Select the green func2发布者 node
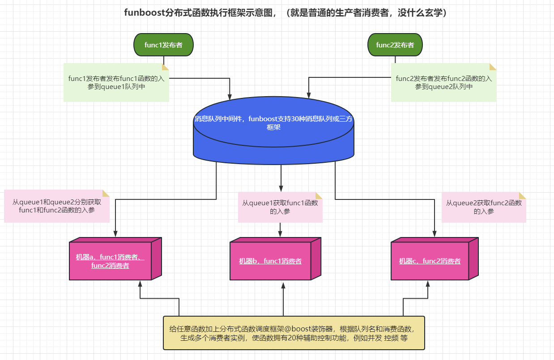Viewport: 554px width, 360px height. pos(395,45)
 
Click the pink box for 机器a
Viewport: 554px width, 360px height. pos(111,261)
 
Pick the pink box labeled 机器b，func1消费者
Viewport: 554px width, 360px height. pos(270,261)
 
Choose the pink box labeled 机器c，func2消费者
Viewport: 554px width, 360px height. pos(430,261)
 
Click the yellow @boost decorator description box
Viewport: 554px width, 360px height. pos(294,333)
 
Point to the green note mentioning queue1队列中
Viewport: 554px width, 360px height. pos(116,83)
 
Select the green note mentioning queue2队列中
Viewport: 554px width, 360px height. pos(443,83)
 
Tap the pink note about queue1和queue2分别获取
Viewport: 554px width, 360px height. pos(57,207)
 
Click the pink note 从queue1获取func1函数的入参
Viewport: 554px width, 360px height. pos(280,207)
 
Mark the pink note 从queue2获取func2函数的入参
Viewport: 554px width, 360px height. pos(484,207)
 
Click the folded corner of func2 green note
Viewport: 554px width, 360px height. pos(493,67)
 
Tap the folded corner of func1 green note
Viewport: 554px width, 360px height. pos(165,67)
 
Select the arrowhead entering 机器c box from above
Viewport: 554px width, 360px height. pos(434,233)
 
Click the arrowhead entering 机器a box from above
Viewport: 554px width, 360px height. pos(115,233)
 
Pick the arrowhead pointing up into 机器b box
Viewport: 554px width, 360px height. pos(283,284)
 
